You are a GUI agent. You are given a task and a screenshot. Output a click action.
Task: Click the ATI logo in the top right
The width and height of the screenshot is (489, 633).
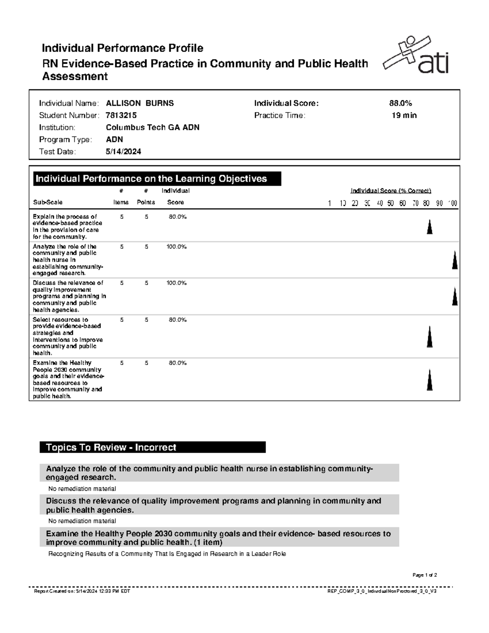click(x=416, y=56)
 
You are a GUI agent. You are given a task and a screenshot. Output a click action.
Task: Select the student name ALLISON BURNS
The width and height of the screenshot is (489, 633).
click(x=140, y=103)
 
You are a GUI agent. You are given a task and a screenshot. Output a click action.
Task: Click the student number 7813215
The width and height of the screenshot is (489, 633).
click(x=121, y=115)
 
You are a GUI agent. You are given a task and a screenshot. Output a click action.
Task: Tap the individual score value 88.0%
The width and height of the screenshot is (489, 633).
click(x=400, y=103)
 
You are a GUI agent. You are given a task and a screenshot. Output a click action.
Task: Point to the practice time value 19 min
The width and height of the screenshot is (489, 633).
click(x=404, y=115)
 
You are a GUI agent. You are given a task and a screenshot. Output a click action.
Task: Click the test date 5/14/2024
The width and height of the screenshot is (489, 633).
click(x=123, y=152)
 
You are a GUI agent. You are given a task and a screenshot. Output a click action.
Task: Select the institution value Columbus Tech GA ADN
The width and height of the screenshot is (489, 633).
click(x=152, y=127)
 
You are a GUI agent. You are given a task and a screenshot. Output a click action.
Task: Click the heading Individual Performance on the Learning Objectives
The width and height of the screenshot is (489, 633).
click(x=151, y=179)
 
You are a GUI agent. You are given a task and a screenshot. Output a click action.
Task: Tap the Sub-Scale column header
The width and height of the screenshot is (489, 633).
click(x=47, y=202)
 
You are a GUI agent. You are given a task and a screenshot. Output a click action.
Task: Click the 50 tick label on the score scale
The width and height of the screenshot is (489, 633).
click(x=391, y=203)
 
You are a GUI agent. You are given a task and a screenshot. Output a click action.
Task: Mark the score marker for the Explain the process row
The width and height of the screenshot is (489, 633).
click(x=429, y=227)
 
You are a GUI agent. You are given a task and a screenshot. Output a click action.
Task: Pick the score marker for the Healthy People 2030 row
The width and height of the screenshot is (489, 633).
click(x=430, y=380)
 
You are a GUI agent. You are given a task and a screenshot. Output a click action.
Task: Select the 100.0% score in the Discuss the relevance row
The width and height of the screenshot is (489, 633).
click(x=176, y=283)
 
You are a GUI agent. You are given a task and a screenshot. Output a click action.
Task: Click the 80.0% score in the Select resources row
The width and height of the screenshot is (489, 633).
click(x=178, y=320)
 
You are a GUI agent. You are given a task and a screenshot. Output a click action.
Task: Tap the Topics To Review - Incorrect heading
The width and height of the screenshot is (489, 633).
click(x=111, y=447)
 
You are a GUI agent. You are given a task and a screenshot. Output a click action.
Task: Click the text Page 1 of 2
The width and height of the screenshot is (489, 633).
click(x=425, y=575)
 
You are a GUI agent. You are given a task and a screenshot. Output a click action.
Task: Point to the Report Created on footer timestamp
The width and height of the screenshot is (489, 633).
click(x=82, y=591)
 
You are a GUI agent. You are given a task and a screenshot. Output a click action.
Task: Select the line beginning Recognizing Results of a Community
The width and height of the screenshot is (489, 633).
click(x=167, y=554)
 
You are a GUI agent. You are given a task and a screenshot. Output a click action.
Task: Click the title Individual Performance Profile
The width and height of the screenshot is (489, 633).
click(x=122, y=48)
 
